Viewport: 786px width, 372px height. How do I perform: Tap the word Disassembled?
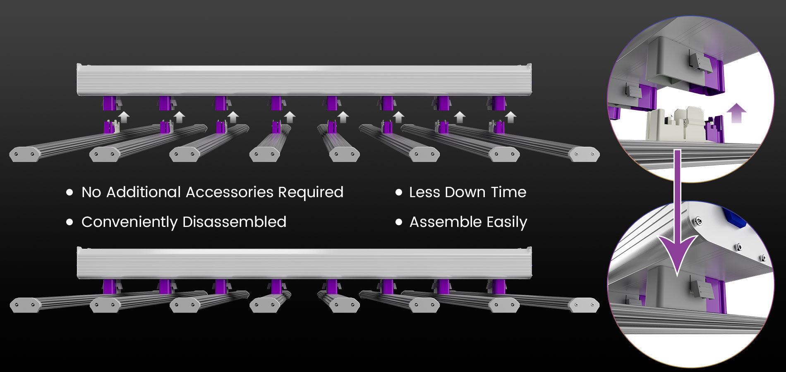tap(234, 222)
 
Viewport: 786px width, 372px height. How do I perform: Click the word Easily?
tap(507, 222)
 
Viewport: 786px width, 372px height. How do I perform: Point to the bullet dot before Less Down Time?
tap(399, 192)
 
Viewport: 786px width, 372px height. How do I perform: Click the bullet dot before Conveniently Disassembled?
tap(69, 222)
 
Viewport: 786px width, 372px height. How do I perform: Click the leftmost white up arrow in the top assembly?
tap(124, 117)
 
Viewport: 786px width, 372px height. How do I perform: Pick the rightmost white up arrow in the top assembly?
tap(511, 117)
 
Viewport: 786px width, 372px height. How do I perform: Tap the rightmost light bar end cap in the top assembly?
tap(584, 154)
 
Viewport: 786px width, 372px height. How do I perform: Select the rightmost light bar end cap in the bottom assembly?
tap(584, 305)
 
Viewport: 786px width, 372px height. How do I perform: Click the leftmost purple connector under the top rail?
tap(110, 103)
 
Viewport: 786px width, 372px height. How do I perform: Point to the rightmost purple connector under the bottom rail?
tap(498, 286)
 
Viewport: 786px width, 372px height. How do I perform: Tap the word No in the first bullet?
tap(91, 192)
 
